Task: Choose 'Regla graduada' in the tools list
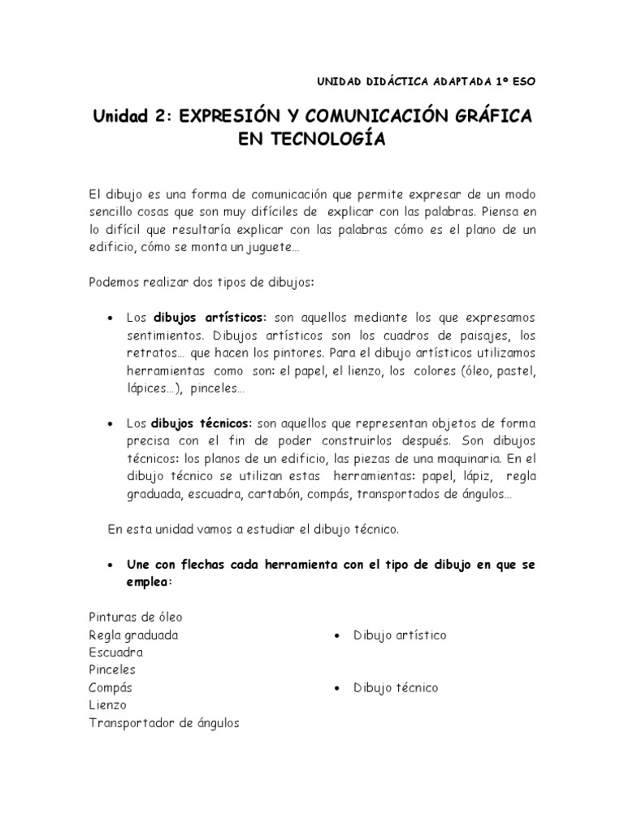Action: (x=133, y=635)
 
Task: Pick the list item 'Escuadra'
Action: (x=116, y=652)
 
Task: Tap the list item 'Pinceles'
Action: (x=112, y=669)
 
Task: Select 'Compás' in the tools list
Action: (x=111, y=687)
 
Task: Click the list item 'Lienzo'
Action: (x=107, y=705)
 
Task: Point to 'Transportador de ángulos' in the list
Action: (x=164, y=723)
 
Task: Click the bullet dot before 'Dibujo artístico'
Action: (x=336, y=635)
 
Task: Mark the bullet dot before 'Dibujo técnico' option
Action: (x=336, y=688)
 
